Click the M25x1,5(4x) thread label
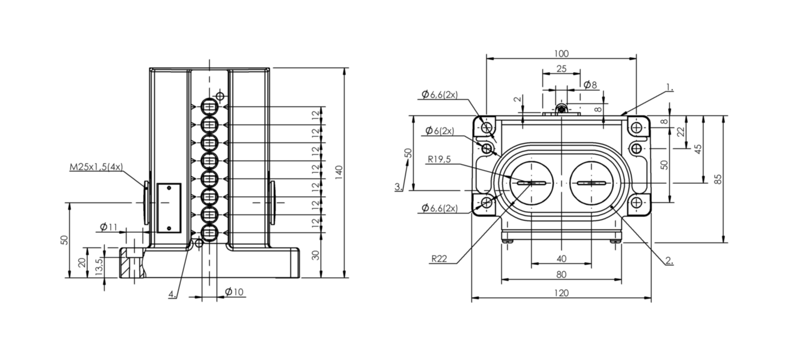tap(96, 167)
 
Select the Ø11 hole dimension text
tap(108, 227)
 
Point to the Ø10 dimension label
tap(234, 292)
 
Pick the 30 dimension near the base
tap(316, 255)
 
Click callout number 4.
tap(172, 294)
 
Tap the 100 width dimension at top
tap(561, 54)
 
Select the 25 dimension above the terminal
tap(561, 69)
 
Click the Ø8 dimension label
tap(591, 85)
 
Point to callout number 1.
tap(670, 88)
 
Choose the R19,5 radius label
tap(439, 160)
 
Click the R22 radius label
tap(439, 259)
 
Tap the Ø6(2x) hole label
tap(440, 131)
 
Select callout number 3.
tap(397, 187)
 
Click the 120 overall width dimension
tap(561, 293)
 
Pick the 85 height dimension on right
tap(718, 179)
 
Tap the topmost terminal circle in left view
tap(209, 107)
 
